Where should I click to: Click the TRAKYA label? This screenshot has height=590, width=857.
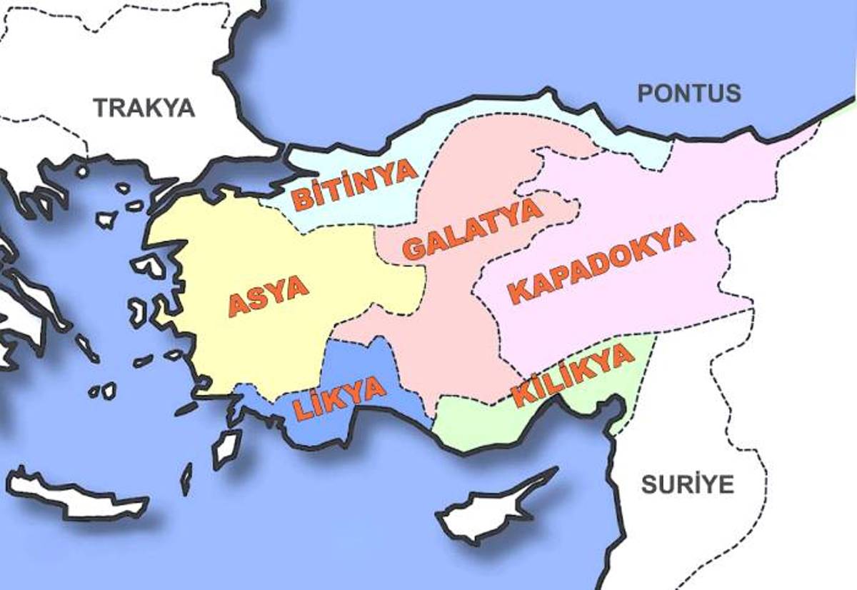point(144,107)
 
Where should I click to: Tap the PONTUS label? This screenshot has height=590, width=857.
point(688,93)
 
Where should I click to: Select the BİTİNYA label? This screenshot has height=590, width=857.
point(354,184)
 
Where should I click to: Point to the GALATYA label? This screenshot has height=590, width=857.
point(471,230)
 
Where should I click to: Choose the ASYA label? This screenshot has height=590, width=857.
point(268,294)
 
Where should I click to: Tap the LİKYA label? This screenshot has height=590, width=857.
point(340,400)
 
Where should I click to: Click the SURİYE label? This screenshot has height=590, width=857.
point(687,484)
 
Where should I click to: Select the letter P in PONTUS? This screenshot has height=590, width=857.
point(645,94)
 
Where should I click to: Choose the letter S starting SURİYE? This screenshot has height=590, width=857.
point(648,484)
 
